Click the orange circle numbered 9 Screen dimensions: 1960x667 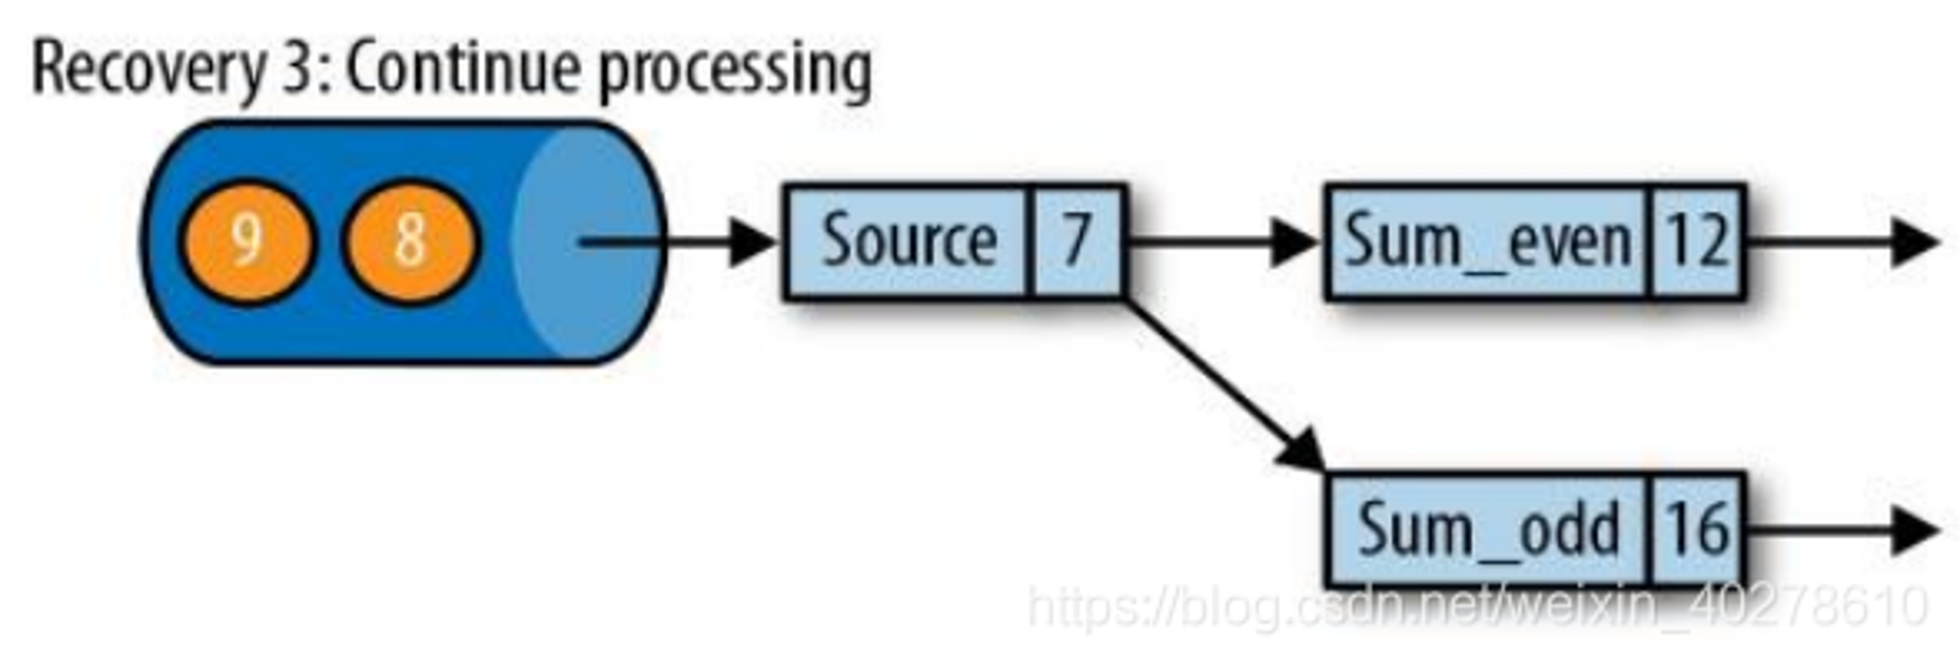click(246, 241)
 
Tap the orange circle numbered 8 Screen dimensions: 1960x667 click(409, 241)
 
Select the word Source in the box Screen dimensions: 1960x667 click(908, 241)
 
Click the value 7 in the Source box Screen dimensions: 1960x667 click(1076, 240)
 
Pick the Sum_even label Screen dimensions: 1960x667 click(1488, 242)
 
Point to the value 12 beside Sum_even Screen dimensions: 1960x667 click(1697, 241)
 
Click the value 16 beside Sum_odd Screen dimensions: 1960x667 click(1697, 529)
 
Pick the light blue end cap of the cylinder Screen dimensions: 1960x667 click(588, 242)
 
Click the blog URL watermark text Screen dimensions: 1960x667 click(1478, 605)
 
